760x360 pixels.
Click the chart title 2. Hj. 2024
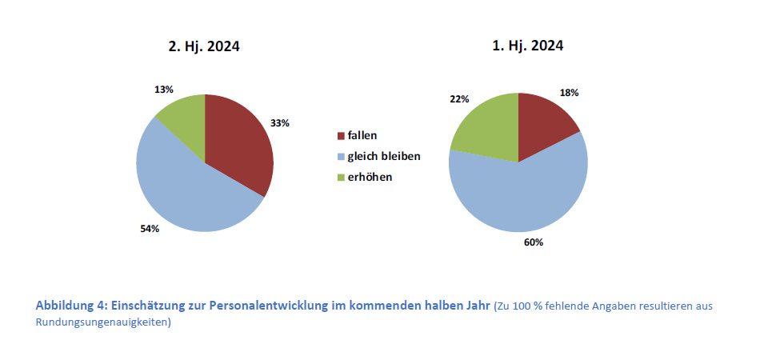(x=203, y=46)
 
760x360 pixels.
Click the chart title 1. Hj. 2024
(x=527, y=46)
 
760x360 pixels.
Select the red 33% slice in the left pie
(x=240, y=144)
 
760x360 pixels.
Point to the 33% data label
(x=279, y=123)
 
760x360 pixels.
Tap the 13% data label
(x=164, y=90)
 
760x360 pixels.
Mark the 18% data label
(x=569, y=92)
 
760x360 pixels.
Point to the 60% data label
(x=534, y=242)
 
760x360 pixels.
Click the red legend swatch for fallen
(x=342, y=136)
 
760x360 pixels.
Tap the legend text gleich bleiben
(x=383, y=156)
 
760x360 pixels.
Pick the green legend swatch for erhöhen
(x=342, y=177)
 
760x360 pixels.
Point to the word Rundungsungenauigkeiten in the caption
(x=102, y=322)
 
